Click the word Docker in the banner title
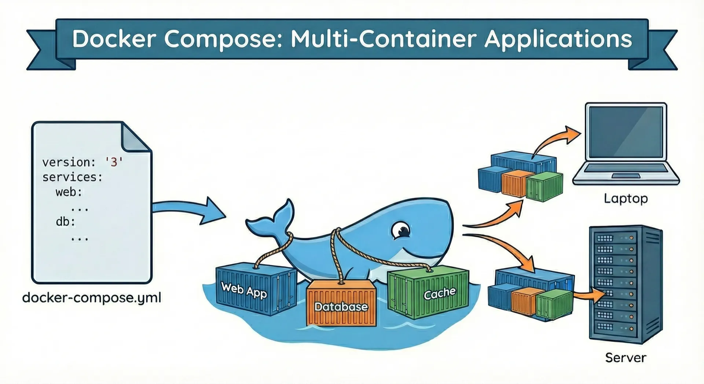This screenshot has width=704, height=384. click(114, 39)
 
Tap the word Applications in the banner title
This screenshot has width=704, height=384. click(558, 39)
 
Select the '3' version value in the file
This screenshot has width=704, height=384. click(114, 162)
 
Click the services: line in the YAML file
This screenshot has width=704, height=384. click(72, 177)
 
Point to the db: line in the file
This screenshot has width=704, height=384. click(65, 222)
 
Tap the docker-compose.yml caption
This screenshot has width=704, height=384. click(92, 297)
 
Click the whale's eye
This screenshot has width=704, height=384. click(401, 230)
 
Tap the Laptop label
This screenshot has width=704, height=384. click(626, 198)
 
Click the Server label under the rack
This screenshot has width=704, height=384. click(626, 358)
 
